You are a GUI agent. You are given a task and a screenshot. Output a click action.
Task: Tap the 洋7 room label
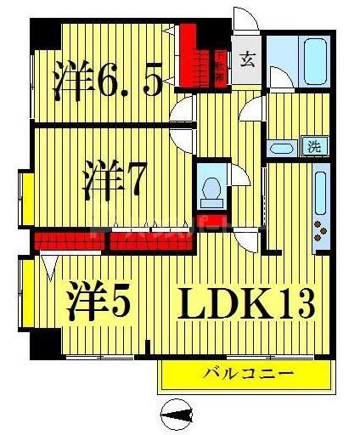(116, 180)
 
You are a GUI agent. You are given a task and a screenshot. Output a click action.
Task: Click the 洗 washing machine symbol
(314, 145)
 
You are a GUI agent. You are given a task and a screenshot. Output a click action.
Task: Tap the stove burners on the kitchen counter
(321, 228)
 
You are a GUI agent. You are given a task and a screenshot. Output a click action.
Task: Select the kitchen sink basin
(320, 190)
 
